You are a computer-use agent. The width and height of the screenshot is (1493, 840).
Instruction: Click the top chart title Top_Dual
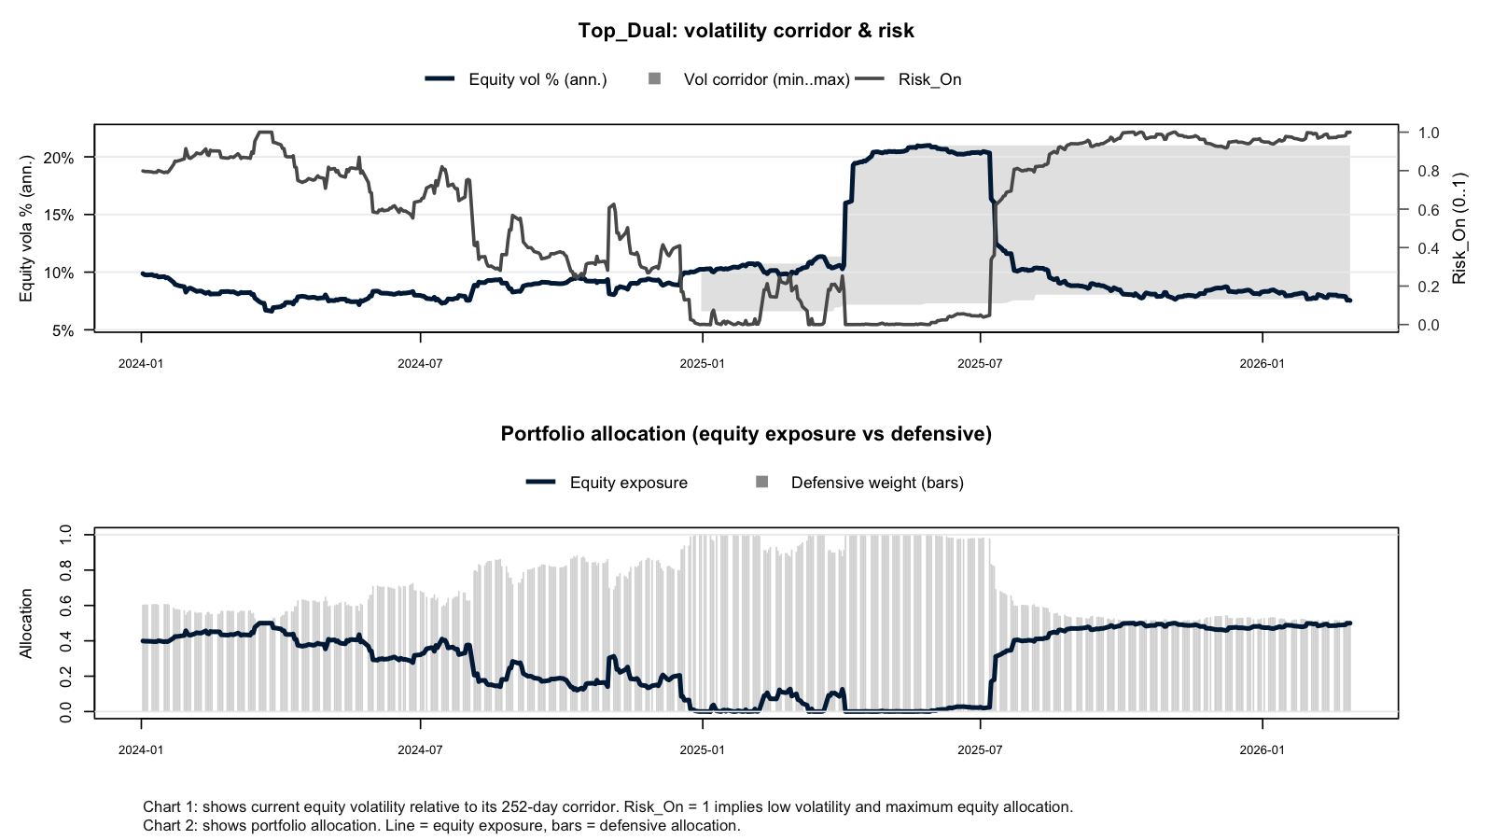coord(746,31)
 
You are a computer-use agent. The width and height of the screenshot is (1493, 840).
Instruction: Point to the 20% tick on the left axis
coord(59,158)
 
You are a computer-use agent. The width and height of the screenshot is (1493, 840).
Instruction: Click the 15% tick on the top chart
coord(59,215)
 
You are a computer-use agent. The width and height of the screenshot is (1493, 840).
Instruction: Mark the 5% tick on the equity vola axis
coord(63,330)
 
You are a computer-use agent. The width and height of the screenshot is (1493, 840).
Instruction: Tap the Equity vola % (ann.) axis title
coord(26,228)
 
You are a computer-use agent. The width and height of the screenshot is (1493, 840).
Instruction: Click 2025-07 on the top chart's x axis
coord(980,364)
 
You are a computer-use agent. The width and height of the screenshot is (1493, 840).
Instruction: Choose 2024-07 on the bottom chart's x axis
coord(420,749)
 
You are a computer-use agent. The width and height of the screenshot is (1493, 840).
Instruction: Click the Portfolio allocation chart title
coord(746,434)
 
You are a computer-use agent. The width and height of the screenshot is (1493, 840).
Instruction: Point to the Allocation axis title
coord(26,623)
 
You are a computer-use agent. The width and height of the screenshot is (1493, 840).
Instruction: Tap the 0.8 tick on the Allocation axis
coord(65,570)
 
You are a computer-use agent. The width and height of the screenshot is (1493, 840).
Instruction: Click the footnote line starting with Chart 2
coord(441,826)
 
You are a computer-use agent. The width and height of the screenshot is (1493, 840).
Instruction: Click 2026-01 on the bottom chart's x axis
coord(1262,749)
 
